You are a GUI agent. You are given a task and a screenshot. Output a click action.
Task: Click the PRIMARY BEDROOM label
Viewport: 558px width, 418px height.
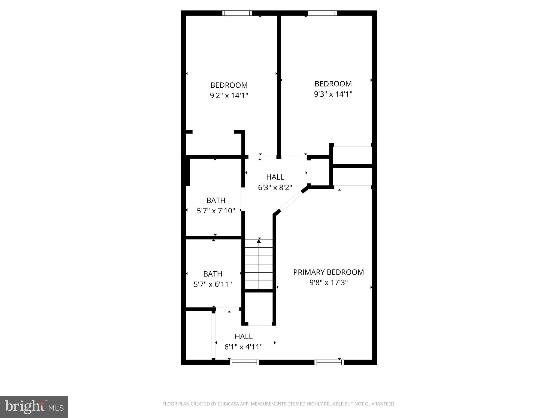click(328, 272)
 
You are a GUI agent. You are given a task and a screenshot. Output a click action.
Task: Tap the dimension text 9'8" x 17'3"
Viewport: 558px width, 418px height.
click(328, 283)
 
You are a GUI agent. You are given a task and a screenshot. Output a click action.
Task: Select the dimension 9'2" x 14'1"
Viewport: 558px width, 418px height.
click(229, 96)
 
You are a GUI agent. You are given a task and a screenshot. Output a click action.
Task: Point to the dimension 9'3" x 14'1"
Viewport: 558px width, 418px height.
click(333, 94)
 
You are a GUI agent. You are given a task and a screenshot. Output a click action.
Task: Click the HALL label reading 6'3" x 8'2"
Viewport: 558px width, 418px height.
click(275, 177)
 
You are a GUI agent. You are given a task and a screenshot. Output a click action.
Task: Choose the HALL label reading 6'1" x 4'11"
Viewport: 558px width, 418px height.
click(244, 336)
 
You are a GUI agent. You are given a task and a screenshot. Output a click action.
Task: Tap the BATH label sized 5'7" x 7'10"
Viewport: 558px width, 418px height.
click(216, 201)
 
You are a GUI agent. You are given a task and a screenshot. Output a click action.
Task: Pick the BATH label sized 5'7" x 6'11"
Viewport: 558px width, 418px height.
click(213, 274)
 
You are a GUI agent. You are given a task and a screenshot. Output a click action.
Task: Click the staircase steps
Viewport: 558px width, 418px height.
click(259, 267)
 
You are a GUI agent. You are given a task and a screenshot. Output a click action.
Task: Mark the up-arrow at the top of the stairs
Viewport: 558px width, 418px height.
click(259, 241)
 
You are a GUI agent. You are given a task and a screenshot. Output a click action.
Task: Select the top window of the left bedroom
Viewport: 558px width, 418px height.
click(237, 13)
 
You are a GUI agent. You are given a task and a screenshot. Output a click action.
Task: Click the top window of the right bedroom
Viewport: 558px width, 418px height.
click(322, 13)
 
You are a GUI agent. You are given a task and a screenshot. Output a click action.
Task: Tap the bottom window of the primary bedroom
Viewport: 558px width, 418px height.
click(329, 362)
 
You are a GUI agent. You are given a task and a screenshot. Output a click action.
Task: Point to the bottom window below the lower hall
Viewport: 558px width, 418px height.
click(244, 362)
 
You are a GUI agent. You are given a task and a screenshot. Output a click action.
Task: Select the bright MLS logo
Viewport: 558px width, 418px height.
click(34, 407)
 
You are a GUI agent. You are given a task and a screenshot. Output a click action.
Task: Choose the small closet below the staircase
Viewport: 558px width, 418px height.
click(259, 308)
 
